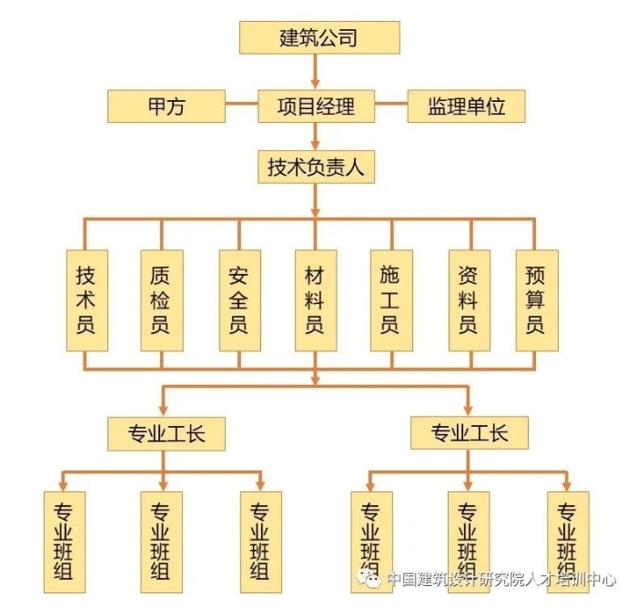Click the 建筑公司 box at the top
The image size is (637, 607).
coord(318,37)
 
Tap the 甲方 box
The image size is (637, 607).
coord(167,106)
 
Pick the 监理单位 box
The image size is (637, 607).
coord(466,106)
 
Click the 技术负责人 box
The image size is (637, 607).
coord(315,168)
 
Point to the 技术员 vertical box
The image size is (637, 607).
coord(86,300)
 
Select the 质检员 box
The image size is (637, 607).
coord(161,300)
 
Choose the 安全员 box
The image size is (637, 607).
coord(238,300)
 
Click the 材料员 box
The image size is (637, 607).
coord(315,300)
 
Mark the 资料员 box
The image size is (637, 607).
coord(468,300)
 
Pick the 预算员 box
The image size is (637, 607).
coord(535,300)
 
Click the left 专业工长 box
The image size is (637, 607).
coord(166,433)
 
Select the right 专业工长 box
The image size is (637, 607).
coord(469,433)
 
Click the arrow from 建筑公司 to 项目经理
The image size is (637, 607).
coord(316,71)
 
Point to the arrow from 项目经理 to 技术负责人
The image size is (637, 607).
coord(316,137)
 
